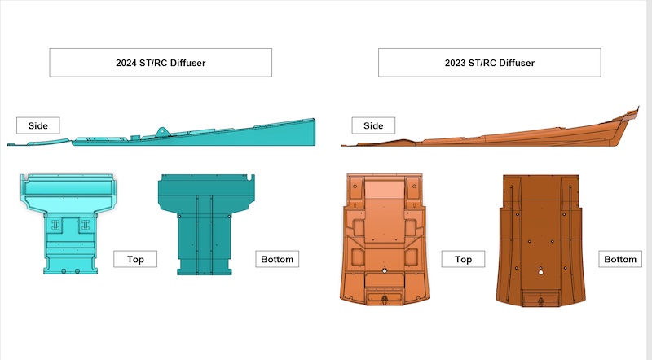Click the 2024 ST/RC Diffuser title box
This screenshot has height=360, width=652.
161,63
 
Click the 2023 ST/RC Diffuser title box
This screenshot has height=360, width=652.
490,63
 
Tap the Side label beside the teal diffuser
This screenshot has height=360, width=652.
37,125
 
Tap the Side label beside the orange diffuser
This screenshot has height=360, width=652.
373,125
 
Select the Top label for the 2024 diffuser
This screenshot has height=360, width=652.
135,259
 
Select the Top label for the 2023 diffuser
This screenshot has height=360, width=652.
463,259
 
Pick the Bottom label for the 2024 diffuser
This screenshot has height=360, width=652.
277,259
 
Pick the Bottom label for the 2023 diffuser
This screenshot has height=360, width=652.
620,259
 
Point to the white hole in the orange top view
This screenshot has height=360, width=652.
385,271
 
